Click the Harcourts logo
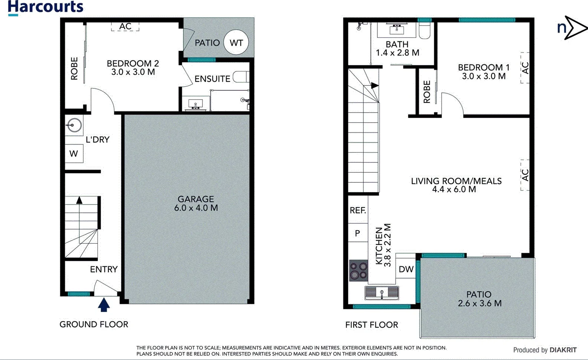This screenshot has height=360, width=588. click(45, 7)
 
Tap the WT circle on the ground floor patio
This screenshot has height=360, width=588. click(236, 43)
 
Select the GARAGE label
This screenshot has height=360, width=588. click(196, 199)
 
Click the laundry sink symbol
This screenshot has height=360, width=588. click(74, 125)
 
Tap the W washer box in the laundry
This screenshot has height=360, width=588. click(74, 153)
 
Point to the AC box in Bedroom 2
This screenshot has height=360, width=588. click(125, 26)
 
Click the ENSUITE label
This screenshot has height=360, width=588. click(212, 79)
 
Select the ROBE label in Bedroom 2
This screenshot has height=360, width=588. click(74, 68)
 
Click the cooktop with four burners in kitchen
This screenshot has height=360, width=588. click(358, 270)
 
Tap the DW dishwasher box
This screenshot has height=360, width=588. click(406, 269)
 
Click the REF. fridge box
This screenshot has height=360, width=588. click(358, 210)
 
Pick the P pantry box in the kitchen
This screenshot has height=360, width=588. click(357, 233)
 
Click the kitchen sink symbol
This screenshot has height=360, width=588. click(382, 293)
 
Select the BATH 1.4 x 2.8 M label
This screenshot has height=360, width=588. click(397, 49)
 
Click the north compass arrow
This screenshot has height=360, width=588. click(572, 27)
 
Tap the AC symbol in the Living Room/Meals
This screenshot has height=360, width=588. click(525, 175)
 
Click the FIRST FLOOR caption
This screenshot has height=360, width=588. click(371, 325)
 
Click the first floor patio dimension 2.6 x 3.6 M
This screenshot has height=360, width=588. click(480, 303)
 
